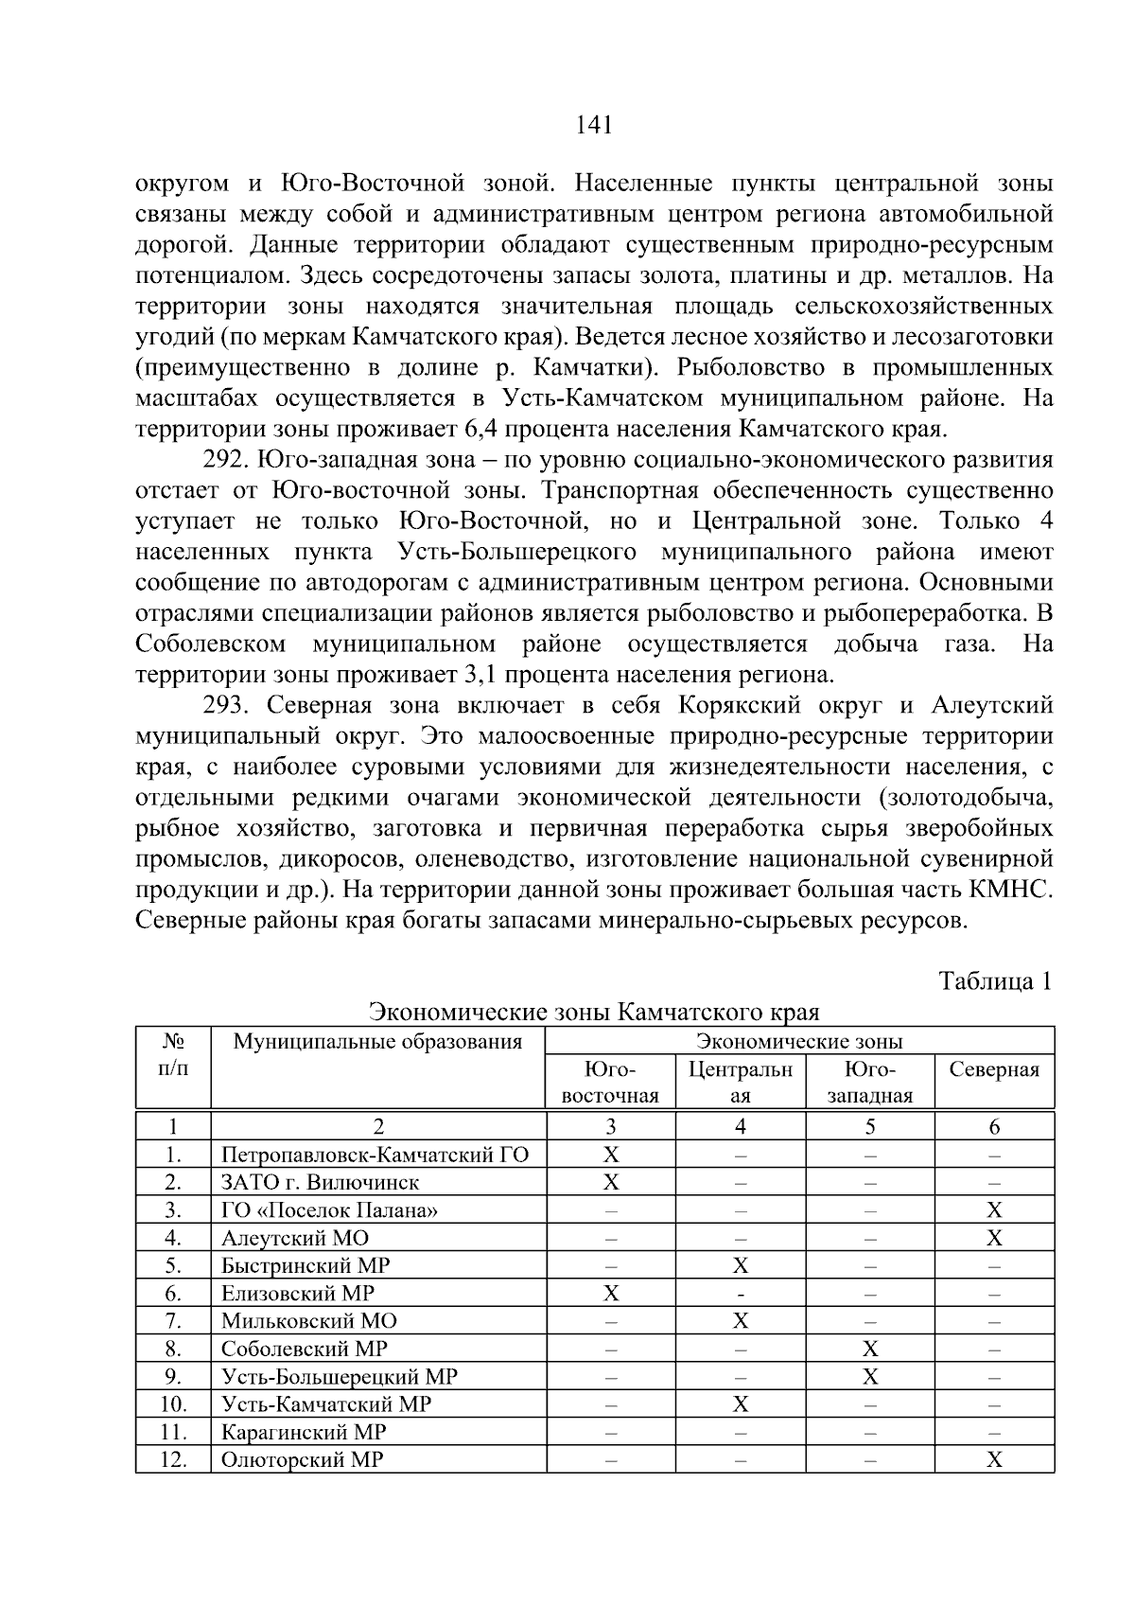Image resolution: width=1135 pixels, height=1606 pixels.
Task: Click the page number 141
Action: [x=594, y=124]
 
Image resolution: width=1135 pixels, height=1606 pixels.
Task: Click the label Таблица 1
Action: [x=995, y=980]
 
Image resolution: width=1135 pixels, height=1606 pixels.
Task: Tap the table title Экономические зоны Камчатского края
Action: [x=594, y=1012]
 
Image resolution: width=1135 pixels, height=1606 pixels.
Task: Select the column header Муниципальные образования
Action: [x=378, y=1042]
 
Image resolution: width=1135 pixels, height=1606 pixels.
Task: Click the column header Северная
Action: [x=994, y=1069]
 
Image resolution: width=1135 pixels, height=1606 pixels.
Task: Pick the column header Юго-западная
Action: [x=869, y=1083]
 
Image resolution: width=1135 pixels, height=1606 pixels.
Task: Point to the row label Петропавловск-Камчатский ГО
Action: [x=375, y=1155]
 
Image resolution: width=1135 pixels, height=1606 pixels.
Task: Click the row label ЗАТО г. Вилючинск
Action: [x=320, y=1182]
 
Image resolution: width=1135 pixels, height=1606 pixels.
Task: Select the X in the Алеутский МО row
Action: [x=994, y=1238]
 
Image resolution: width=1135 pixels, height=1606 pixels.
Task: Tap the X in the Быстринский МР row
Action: [x=741, y=1265]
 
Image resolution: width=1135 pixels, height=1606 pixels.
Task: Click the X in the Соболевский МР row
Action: [x=870, y=1349]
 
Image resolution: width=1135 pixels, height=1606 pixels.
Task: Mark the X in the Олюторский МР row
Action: [x=994, y=1459]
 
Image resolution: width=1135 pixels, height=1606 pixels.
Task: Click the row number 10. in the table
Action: [x=173, y=1404]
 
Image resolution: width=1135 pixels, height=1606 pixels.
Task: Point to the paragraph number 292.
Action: [x=225, y=460]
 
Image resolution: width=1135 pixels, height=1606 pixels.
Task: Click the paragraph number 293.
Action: [x=225, y=706]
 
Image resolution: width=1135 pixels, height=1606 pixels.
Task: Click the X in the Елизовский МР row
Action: [x=611, y=1293]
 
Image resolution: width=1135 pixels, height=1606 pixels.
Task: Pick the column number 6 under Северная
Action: [x=994, y=1126]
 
